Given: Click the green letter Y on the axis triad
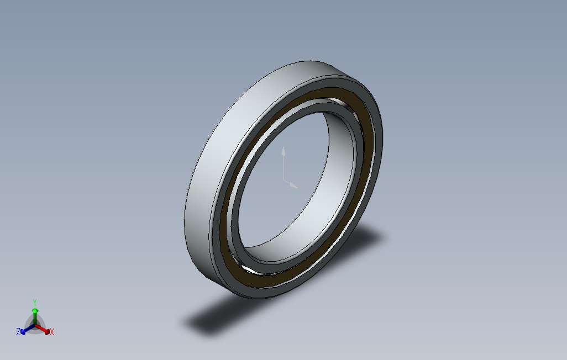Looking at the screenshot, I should coord(34,302).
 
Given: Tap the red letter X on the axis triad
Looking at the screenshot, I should coord(51,332).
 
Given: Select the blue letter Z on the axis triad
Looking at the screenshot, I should coord(18,331).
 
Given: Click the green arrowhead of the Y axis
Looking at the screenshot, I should coord(35,311).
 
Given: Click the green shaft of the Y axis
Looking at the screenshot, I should coord(35,319).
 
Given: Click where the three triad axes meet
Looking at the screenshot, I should coord(35,326).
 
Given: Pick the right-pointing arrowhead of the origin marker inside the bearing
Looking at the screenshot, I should coord(295,186).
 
